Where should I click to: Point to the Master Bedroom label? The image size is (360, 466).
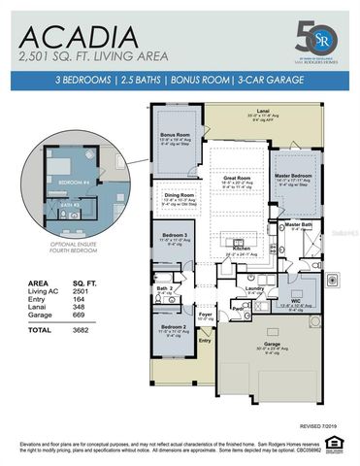coord(291,176)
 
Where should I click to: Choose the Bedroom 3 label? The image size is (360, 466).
coord(175,236)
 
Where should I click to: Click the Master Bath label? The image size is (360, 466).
coord(299,223)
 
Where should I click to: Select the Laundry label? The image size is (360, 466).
coord(254,288)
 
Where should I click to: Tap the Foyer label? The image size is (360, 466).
coord(206,314)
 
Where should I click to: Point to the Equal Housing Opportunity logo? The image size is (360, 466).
coord(335,444)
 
